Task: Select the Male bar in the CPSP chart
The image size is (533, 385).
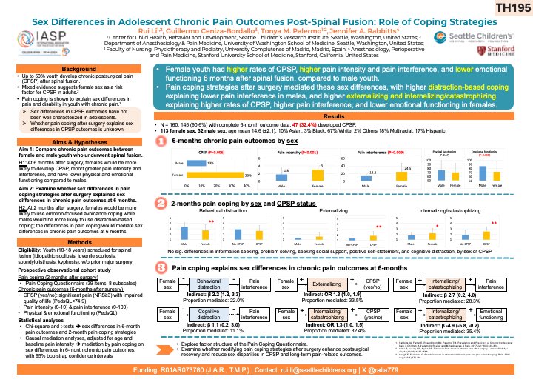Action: point(195,162)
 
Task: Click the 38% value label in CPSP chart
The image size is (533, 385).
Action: point(249,175)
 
